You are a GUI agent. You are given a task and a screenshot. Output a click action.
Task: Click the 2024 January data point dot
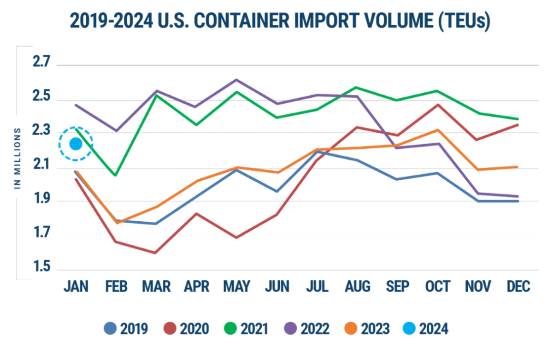pyautogui.click(x=76, y=144)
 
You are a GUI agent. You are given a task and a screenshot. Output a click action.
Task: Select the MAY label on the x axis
pyautogui.click(x=236, y=287)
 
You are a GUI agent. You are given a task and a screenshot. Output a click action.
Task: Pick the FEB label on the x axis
pyautogui.click(x=116, y=287)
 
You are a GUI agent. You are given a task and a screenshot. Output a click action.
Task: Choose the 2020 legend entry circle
pyautogui.click(x=171, y=329)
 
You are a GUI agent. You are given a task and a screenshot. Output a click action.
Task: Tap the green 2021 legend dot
pyautogui.click(x=231, y=329)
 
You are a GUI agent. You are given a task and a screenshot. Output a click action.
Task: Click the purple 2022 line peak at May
pyautogui.click(x=236, y=80)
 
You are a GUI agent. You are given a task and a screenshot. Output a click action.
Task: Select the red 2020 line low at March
pyautogui.click(x=155, y=253)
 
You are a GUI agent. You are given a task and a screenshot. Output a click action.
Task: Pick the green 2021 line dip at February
pyautogui.click(x=116, y=176)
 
